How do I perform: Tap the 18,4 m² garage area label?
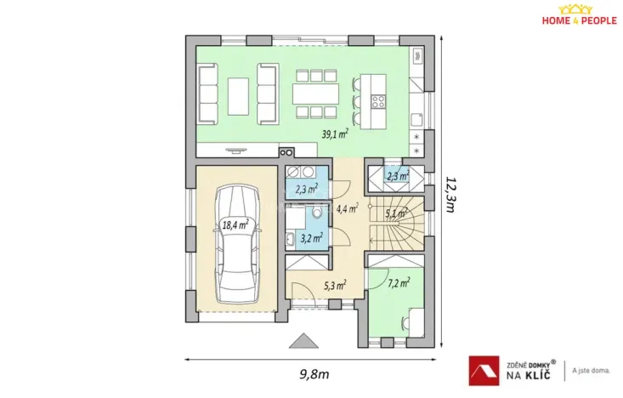(x=235, y=225)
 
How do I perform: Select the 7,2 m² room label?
(x=399, y=283)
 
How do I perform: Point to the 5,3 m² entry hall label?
(x=334, y=286)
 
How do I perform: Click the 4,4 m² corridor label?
(x=348, y=207)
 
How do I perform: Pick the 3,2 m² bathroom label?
(x=311, y=239)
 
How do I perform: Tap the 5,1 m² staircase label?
(x=396, y=213)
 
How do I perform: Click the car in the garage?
(x=235, y=247)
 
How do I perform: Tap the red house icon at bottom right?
(x=482, y=368)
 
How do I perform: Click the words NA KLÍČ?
(x=527, y=372)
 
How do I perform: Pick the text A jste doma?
(x=592, y=369)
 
